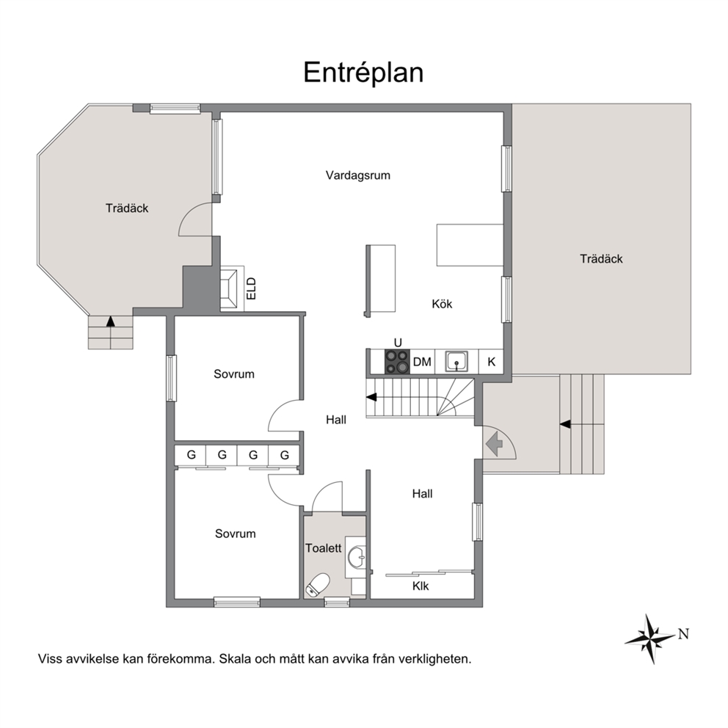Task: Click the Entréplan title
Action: (363, 73)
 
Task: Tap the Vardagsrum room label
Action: (358, 175)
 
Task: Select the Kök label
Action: (442, 304)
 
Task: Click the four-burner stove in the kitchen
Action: (397, 362)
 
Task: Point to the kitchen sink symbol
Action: (456, 361)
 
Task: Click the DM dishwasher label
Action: (422, 362)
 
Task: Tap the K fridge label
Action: (491, 362)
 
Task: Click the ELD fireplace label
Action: (251, 288)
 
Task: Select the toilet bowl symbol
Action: (317, 584)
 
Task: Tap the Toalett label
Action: (323, 548)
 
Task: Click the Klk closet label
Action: (421, 586)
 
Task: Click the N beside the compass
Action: (683, 634)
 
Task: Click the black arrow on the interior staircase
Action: (371, 397)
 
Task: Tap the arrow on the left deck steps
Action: (110, 321)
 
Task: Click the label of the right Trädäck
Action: (601, 259)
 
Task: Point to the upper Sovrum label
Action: (234, 374)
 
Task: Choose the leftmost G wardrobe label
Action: (192, 455)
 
